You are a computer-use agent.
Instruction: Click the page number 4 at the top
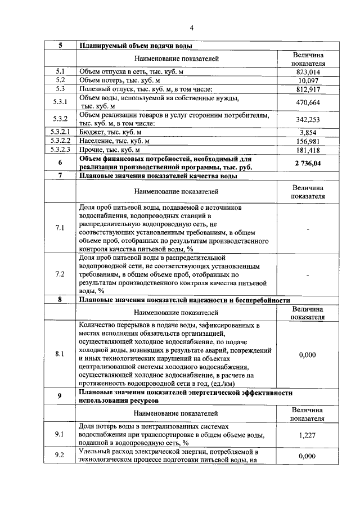point(191,28)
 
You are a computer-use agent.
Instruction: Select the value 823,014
point(308,72)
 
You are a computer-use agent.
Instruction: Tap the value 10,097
point(308,80)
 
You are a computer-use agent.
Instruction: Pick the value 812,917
point(308,89)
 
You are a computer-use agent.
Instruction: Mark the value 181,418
point(308,150)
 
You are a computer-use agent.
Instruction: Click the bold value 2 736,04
point(308,163)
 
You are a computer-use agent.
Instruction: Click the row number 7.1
point(60,228)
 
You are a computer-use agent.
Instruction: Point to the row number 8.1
point(60,354)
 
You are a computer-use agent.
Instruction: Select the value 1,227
point(308,435)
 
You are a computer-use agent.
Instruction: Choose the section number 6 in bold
point(60,163)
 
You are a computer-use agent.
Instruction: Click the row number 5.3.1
point(60,102)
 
